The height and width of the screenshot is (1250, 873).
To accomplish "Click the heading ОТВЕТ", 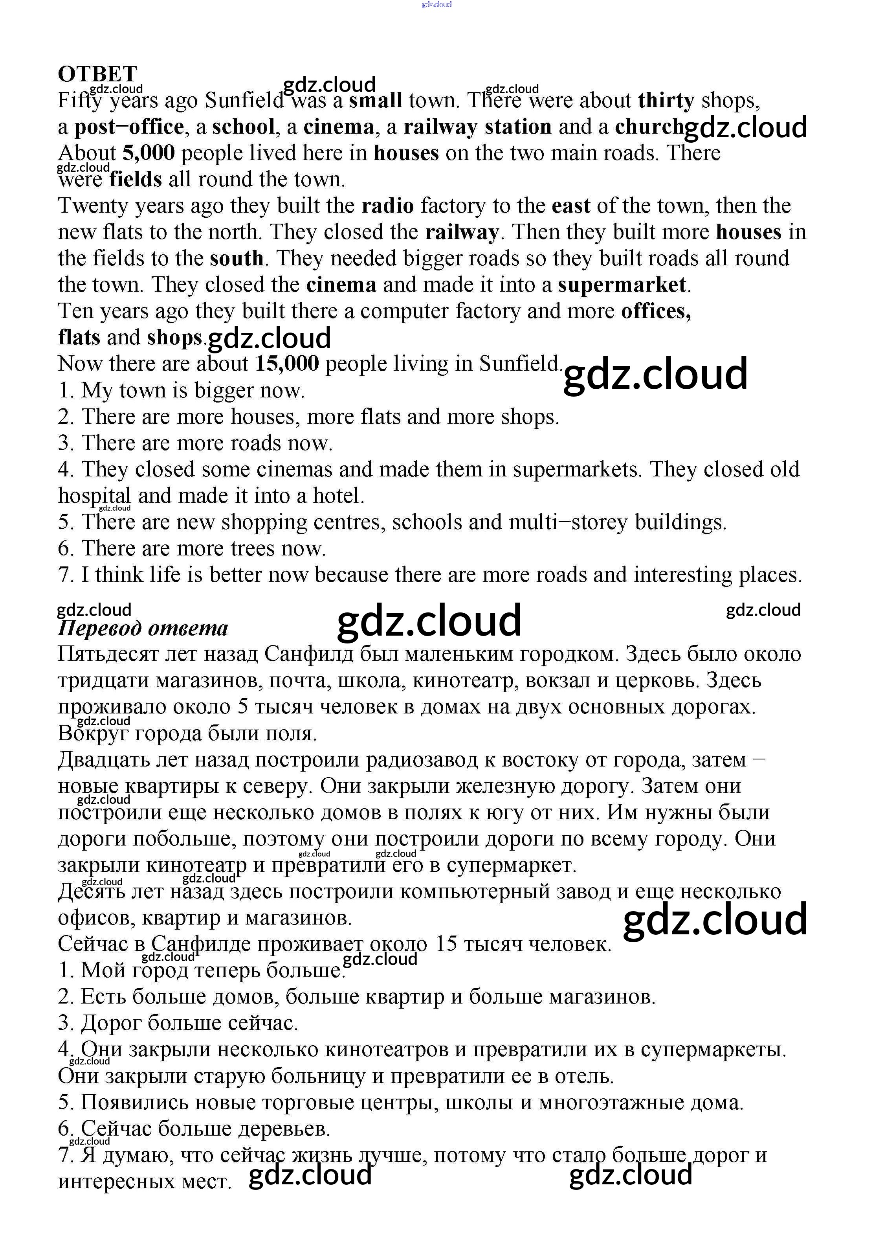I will pos(97,74).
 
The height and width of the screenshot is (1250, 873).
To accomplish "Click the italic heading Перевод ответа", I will pos(143,628).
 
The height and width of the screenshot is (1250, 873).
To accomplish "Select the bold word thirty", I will pos(666,100).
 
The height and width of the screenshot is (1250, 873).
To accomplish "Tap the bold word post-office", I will pos(129,127).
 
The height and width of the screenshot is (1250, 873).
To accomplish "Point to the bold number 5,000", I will pos(149,153).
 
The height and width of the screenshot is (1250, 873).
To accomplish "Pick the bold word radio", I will pos(387,206).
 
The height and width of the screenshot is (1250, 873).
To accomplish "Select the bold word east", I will pos(571,206).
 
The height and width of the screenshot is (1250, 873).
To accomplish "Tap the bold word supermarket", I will pos(622,285).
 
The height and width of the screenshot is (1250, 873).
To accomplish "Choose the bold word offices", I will pos(656,311).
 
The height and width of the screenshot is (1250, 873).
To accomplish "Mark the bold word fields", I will pos(136,179).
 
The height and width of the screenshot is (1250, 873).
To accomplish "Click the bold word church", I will pos(649,127).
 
